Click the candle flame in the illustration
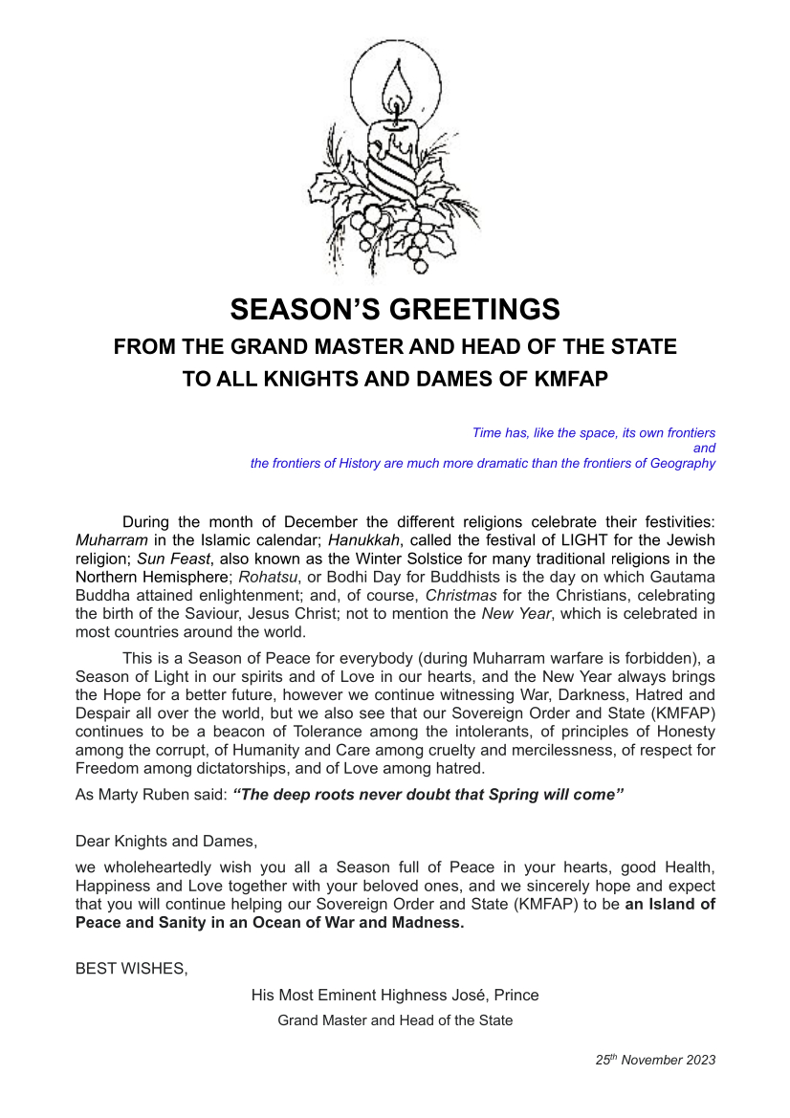[398, 91]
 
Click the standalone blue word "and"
[704, 448]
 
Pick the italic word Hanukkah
[362, 540]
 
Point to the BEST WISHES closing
[131, 968]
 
